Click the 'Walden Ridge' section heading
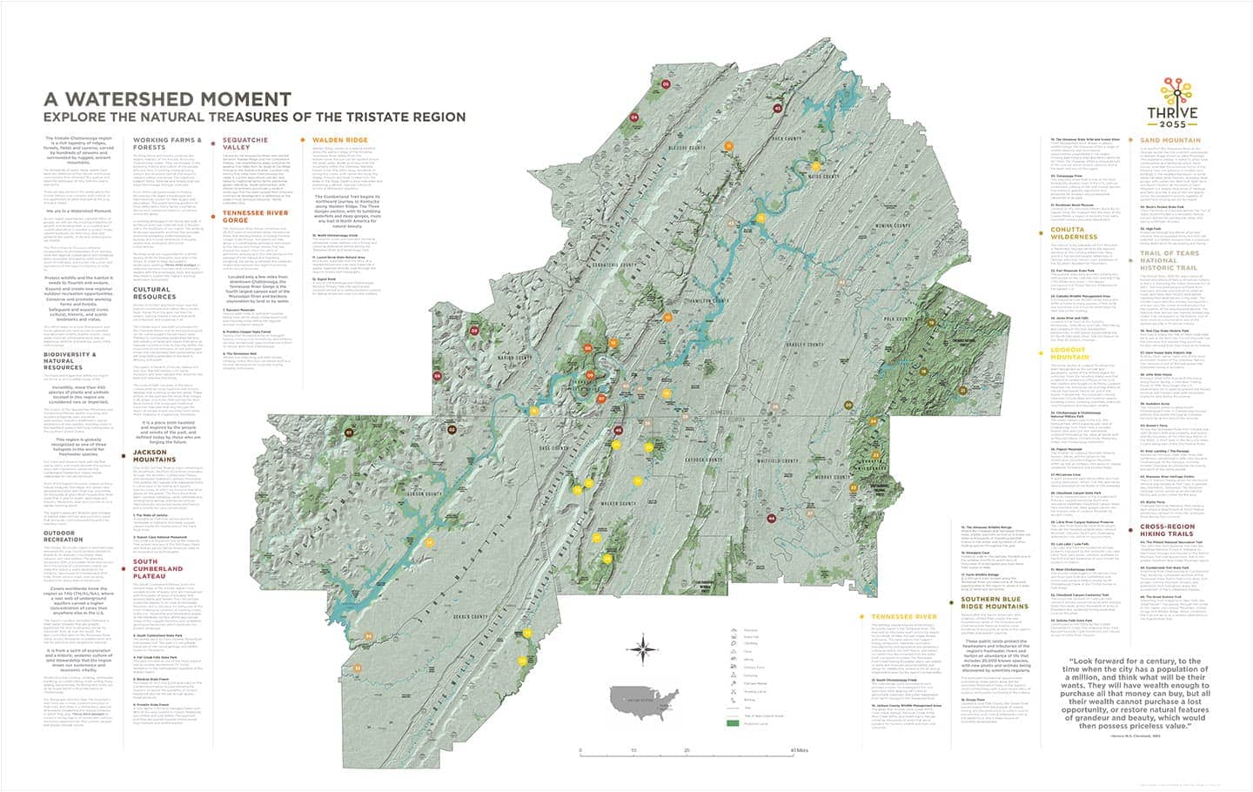tap(340, 139)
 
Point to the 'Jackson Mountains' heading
tap(157, 458)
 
